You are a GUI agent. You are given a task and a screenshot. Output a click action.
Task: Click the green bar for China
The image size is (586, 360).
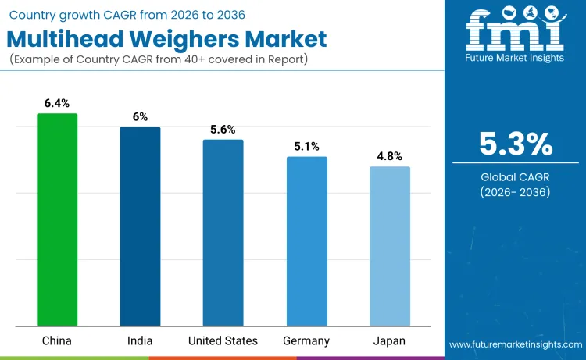[x=57, y=219]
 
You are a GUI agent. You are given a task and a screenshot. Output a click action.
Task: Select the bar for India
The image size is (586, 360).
[x=140, y=226]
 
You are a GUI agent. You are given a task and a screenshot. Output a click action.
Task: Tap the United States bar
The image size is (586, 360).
[x=223, y=233]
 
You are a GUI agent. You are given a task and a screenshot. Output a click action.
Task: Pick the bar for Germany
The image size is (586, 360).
[x=306, y=241]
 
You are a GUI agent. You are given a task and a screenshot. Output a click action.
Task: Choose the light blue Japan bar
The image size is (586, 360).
[x=389, y=246]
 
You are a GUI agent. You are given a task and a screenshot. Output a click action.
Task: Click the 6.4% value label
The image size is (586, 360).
[x=57, y=102]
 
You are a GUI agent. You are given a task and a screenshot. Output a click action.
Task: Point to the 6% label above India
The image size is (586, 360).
[x=140, y=116]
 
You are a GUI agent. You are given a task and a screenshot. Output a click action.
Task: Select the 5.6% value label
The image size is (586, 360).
[x=223, y=129]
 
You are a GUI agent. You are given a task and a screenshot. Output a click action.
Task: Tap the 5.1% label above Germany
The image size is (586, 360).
[x=306, y=146]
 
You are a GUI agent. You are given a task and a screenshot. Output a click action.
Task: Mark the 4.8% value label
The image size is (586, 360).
[x=389, y=155]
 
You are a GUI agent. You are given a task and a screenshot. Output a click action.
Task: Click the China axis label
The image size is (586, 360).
[x=57, y=341]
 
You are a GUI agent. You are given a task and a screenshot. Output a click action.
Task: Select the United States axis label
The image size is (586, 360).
[x=223, y=341]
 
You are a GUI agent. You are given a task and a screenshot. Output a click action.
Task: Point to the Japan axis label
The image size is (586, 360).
[x=389, y=341]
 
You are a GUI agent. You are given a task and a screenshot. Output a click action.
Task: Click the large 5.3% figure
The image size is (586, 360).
[x=515, y=144]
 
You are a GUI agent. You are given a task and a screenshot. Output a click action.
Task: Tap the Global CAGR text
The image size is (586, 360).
[x=515, y=177]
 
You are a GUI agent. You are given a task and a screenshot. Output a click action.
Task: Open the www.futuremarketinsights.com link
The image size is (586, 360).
[x=515, y=344]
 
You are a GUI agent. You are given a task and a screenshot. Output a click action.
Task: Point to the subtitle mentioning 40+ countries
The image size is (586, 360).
[x=160, y=60]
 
